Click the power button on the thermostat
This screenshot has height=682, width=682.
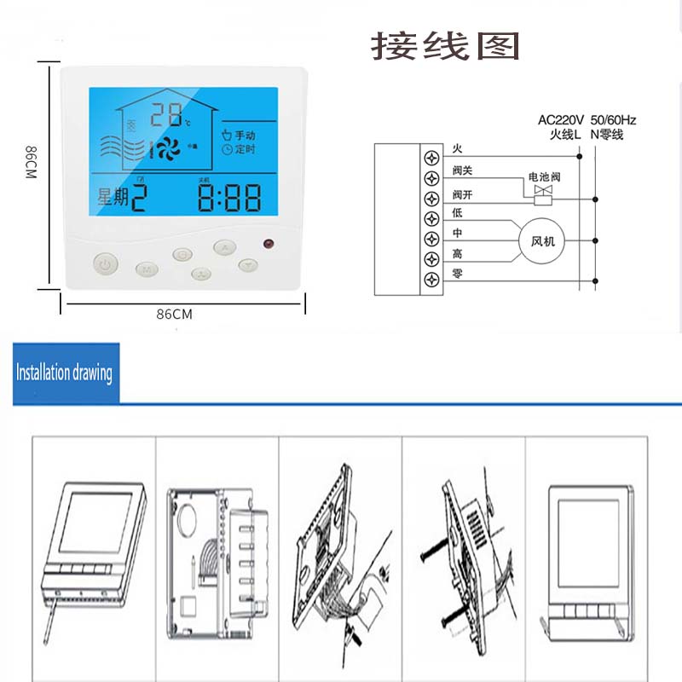(x=104, y=263)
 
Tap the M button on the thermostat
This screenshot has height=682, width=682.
(x=147, y=269)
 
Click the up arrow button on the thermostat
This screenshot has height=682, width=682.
(x=223, y=248)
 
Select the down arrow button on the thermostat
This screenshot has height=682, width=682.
(x=247, y=265)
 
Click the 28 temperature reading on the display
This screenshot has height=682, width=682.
(x=166, y=113)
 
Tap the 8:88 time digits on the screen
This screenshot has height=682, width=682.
(x=229, y=199)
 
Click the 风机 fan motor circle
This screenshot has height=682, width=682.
(x=542, y=241)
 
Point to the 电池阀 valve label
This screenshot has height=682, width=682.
(x=545, y=176)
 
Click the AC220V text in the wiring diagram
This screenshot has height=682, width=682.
(x=558, y=120)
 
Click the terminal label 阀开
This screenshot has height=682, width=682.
(x=461, y=194)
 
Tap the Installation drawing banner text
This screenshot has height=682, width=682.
(x=65, y=373)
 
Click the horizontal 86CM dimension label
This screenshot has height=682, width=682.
(x=175, y=314)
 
